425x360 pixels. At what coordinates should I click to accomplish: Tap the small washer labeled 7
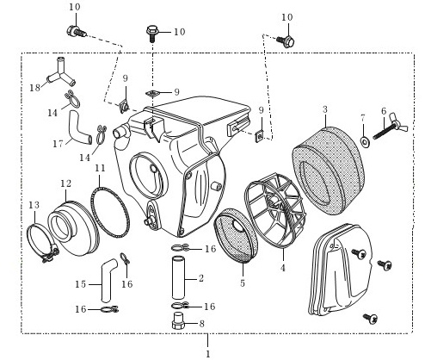[365, 141]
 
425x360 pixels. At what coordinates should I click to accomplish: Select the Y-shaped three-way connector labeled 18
[61, 73]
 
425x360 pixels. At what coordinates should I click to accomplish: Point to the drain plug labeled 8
[178, 320]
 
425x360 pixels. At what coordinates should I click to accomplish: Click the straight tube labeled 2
[178, 278]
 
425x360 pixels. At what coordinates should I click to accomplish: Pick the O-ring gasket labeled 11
[110, 212]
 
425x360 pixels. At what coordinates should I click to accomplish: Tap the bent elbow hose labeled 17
[78, 127]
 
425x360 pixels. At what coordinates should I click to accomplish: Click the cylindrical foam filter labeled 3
[327, 171]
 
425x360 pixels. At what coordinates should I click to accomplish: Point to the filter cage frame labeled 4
[274, 209]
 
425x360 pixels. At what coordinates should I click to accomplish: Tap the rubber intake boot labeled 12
[73, 228]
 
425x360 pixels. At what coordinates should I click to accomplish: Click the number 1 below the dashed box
[208, 354]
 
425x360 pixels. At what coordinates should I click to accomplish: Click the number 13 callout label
[34, 205]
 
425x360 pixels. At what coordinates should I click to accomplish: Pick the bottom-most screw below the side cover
[370, 318]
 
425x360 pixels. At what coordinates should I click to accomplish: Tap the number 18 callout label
[35, 88]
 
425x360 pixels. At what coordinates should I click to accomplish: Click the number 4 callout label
[283, 268]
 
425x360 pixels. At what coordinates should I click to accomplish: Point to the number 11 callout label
[100, 168]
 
